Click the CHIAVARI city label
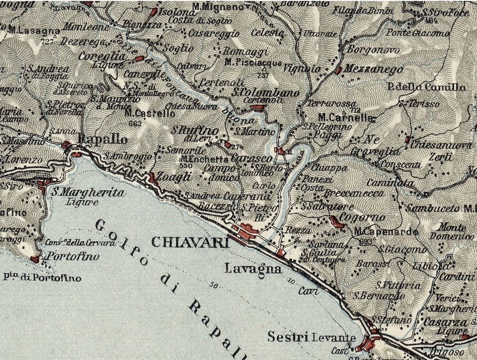pos(190,242)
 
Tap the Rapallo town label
pos(103,141)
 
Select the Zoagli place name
pos(173,177)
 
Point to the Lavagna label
pos(252,269)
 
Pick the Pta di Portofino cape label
pos(42,278)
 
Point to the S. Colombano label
pos(266,92)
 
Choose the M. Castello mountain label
pos(150,114)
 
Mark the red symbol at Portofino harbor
pos(35,259)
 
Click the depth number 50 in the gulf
pos(214,285)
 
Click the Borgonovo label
pos(366,50)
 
